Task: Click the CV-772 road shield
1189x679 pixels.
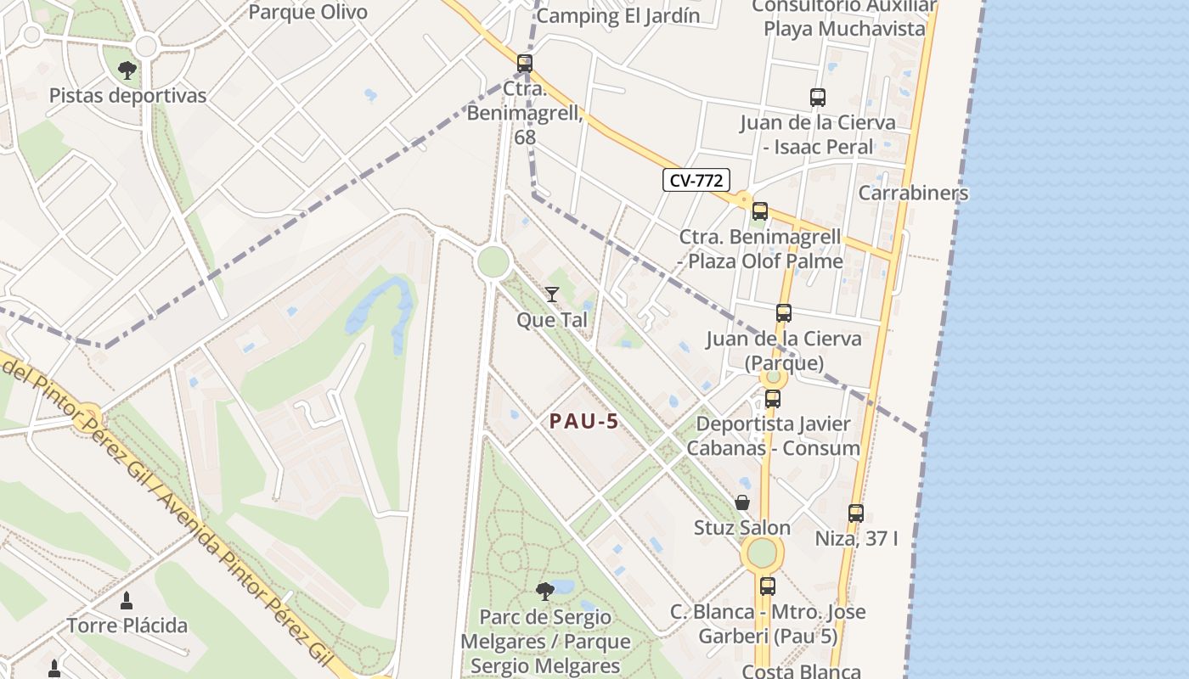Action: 696,180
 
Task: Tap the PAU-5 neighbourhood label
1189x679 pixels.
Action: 583,421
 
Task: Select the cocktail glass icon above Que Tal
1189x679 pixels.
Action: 552,295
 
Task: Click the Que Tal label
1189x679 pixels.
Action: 552,320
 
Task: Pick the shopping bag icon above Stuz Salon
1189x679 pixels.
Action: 742,502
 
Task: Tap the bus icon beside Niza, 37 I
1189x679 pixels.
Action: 855,513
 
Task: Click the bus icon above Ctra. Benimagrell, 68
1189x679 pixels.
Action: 525,63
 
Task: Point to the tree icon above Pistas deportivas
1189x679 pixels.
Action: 127,70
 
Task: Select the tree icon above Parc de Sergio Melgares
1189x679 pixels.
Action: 545,591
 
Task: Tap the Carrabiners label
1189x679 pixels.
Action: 913,193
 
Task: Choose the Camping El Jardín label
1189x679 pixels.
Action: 618,15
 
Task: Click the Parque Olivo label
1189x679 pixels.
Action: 308,12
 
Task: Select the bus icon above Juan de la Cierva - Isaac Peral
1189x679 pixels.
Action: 817,98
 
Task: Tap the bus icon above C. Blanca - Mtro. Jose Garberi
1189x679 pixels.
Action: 767,586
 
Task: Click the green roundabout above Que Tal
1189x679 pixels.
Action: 493,261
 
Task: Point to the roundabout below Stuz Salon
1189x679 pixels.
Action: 762,553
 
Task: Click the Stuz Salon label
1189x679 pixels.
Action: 742,528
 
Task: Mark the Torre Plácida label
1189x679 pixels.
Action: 127,626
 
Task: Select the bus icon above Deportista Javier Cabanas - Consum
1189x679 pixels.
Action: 772,398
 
